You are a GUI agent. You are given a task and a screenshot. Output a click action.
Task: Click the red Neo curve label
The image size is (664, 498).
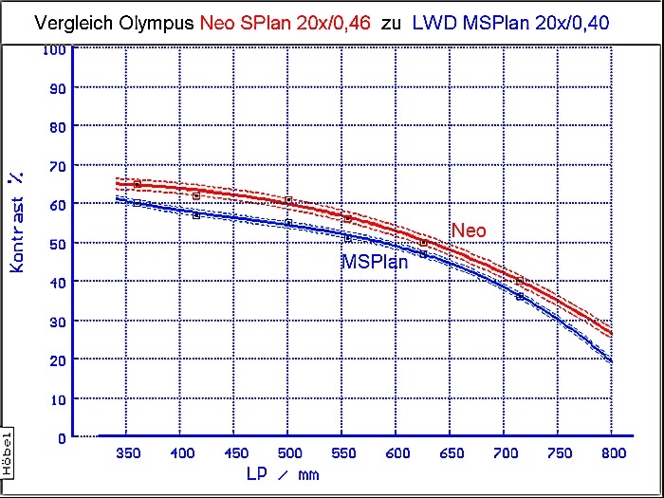pos(469,231)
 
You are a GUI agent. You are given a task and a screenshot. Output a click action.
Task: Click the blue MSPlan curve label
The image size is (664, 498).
pos(375,262)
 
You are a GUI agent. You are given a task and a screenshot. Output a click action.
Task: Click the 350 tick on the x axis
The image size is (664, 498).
pos(128,454)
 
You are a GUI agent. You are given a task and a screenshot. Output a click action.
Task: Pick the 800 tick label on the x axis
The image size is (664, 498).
pos(613,454)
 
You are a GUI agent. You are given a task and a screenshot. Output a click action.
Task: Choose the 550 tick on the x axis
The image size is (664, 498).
pos(343,454)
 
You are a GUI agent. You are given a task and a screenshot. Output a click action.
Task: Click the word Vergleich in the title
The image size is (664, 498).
pos(68,20)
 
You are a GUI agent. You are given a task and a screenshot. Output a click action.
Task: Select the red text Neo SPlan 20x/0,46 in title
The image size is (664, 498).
pos(286,20)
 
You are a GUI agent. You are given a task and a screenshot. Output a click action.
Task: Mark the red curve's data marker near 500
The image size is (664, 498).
pos(288,200)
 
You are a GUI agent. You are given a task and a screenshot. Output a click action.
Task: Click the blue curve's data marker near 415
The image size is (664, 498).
pos(196,214)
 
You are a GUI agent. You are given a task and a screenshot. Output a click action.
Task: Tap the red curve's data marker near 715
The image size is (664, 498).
pos(520,281)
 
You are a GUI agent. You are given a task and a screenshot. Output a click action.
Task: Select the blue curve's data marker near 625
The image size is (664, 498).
pos(423,253)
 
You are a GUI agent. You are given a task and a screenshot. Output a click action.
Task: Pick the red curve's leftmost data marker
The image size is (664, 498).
pos(137,183)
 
